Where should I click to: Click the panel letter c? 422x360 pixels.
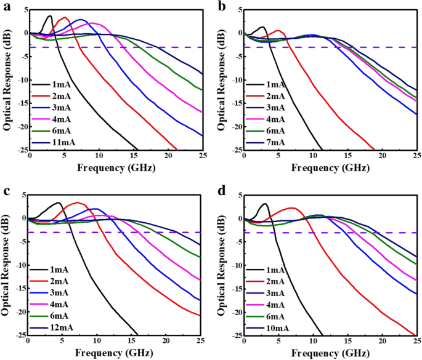4,190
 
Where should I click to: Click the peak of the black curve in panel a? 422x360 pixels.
49,16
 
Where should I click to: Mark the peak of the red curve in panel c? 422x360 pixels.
77,202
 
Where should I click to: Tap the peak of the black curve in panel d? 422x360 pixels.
265,204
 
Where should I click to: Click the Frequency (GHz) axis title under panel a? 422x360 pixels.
116,169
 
